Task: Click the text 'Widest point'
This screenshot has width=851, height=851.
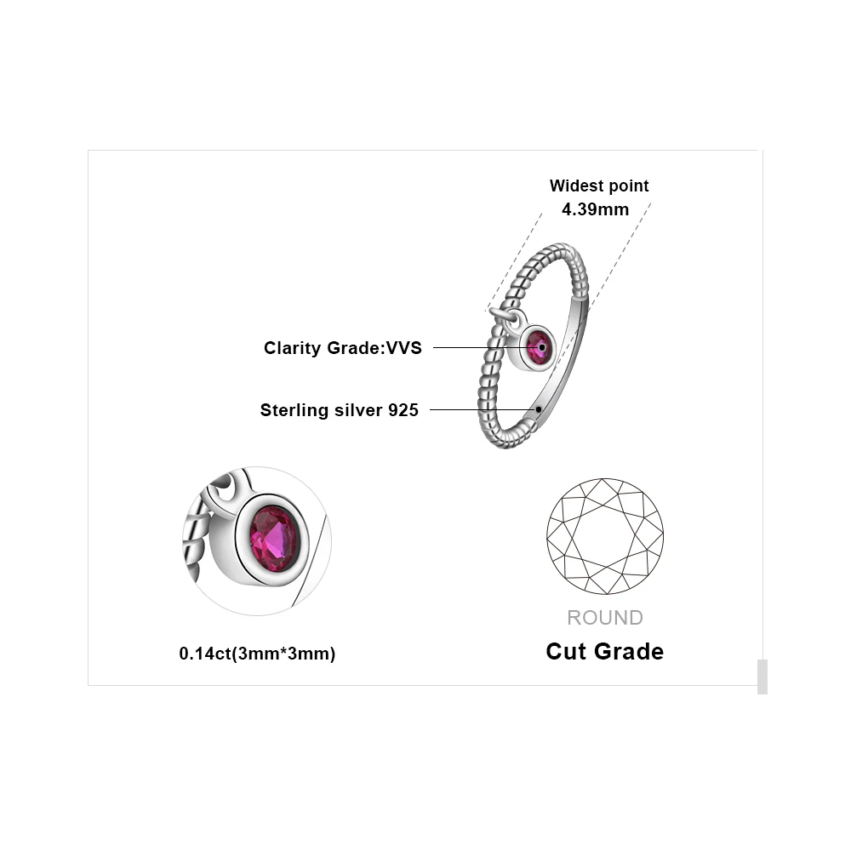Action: click(x=599, y=186)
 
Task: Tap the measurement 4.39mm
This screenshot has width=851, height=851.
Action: click(x=596, y=208)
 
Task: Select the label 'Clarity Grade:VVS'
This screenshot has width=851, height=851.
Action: click(x=343, y=347)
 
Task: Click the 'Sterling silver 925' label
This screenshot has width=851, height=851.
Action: click(x=340, y=410)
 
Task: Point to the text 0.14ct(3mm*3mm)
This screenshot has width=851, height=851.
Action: click(x=257, y=654)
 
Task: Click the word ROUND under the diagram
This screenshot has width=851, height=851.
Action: click(x=605, y=618)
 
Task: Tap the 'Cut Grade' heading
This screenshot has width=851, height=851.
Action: click(x=604, y=652)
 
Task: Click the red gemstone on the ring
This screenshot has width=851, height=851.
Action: click(x=539, y=347)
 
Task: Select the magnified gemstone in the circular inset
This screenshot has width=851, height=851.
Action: click(x=274, y=539)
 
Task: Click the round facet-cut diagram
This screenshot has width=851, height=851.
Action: click(x=605, y=536)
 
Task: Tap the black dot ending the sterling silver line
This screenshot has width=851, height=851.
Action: click(x=539, y=409)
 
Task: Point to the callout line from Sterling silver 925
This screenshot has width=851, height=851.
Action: click(x=481, y=409)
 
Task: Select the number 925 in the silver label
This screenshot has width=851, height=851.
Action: click(x=403, y=410)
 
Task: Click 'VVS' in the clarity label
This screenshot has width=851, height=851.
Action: click(x=404, y=347)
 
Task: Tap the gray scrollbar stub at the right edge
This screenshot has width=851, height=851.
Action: click(x=762, y=677)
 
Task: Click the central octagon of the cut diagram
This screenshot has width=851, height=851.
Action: click(x=605, y=536)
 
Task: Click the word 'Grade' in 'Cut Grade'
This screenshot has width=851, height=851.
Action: click(x=630, y=652)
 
